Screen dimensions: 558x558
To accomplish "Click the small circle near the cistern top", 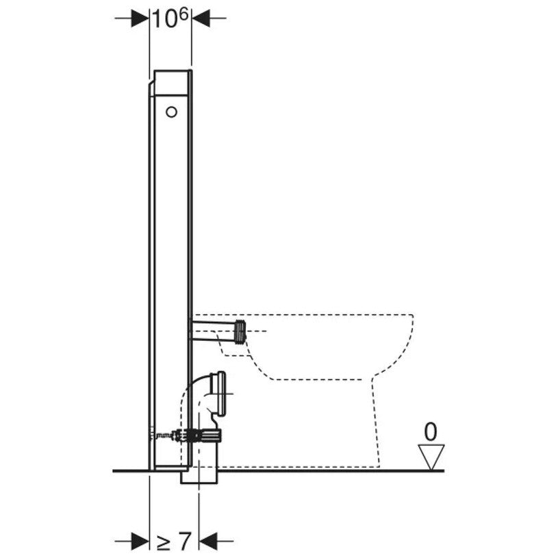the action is [x=171, y=112].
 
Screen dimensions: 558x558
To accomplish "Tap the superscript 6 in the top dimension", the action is [x=183, y=16].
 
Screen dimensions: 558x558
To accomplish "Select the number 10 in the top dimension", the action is [x=164, y=19].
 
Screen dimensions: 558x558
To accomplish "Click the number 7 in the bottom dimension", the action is [x=184, y=542].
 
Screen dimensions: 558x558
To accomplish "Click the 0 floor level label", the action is [x=431, y=432].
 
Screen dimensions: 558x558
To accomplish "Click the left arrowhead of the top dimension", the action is [x=140, y=18].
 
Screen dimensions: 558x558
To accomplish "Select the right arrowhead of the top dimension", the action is [x=201, y=18].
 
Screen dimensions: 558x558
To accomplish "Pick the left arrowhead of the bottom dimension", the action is [x=140, y=542].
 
